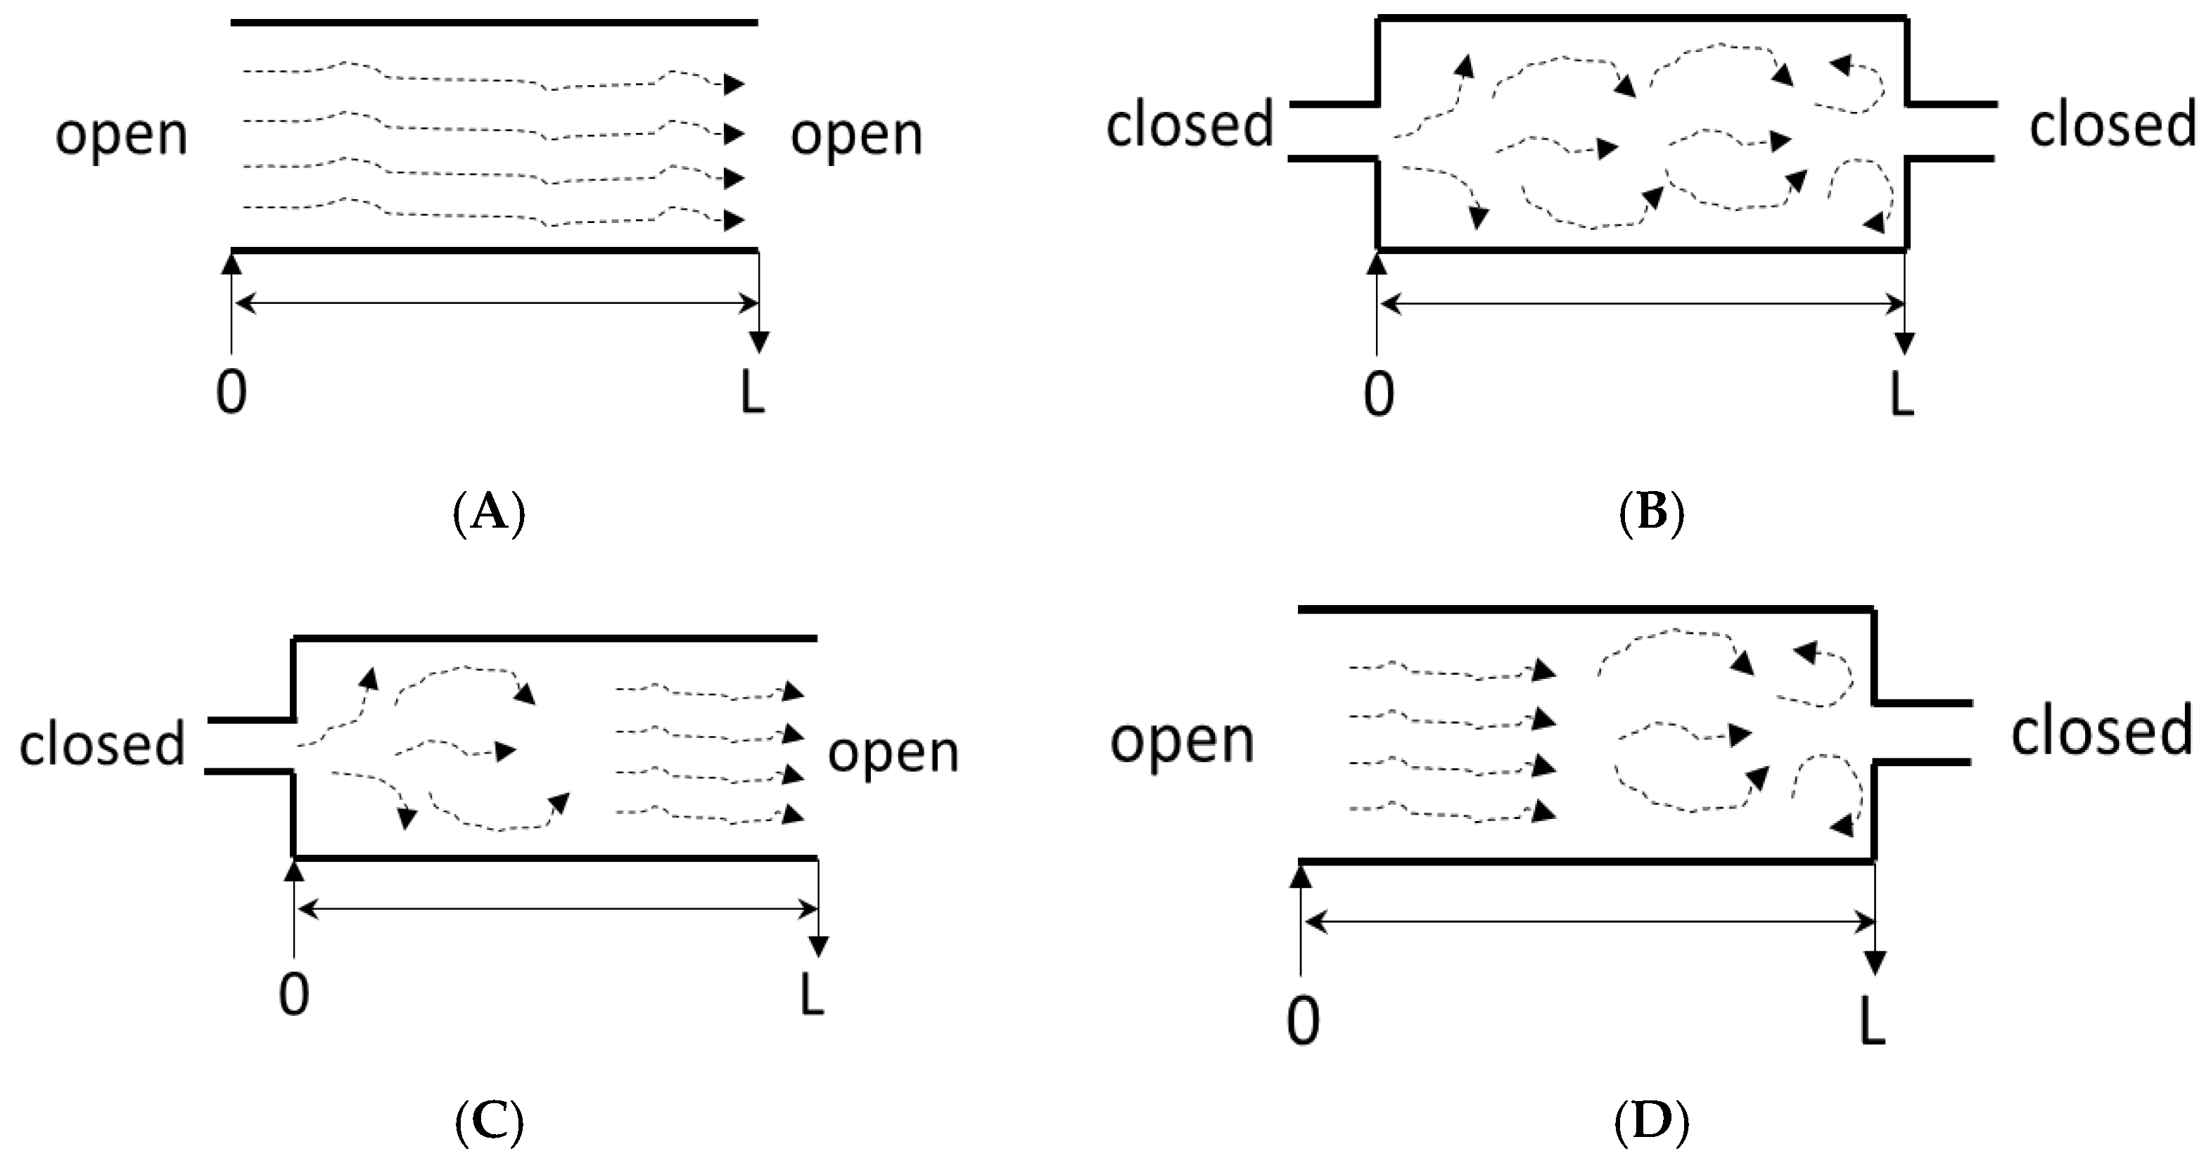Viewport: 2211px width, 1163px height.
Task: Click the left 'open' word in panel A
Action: coord(121,136)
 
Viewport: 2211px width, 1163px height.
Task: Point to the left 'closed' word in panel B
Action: coord(1190,125)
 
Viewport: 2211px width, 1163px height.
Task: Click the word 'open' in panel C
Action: coord(893,753)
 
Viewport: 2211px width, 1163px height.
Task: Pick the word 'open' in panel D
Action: coord(1182,740)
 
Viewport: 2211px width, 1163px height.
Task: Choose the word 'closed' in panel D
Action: coord(2102,732)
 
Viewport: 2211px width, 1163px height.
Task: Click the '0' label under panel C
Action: coord(293,996)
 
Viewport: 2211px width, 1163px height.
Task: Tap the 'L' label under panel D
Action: coord(1872,1023)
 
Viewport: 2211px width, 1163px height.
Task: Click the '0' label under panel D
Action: coord(1303,1023)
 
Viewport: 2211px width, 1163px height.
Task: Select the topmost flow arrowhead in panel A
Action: coord(734,84)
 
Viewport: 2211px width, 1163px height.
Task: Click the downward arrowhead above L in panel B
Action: coord(1904,343)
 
